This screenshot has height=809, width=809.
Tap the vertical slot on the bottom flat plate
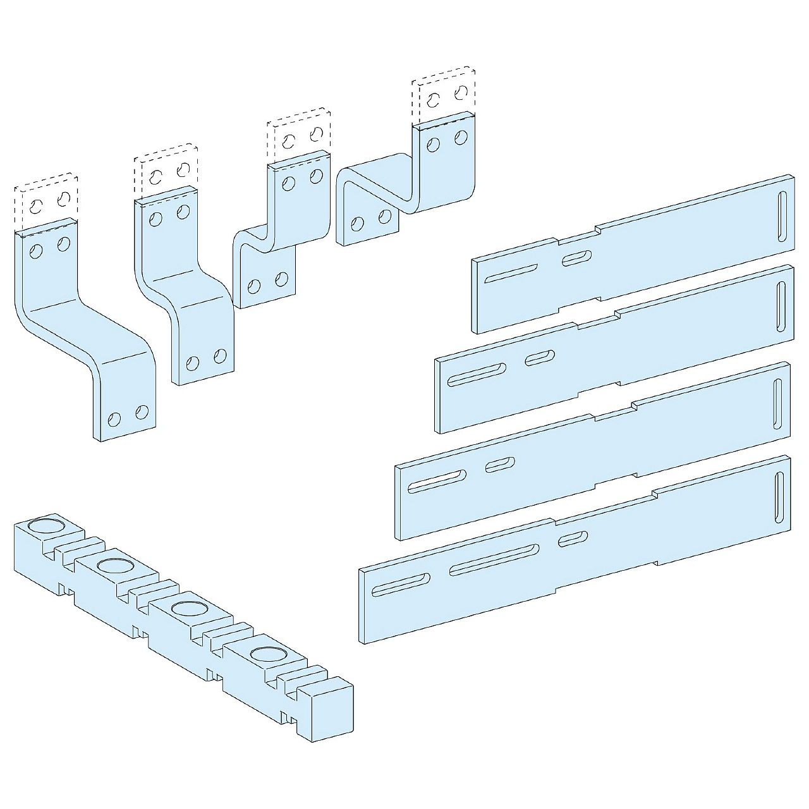tap(779, 498)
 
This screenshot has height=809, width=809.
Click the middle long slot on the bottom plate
tap(494, 559)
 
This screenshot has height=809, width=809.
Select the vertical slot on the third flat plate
tap(777, 403)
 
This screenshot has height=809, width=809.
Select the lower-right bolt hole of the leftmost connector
tap(142, 413)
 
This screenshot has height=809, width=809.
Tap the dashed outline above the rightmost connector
tap(444, 95)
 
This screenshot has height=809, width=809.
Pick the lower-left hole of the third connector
tap(254, 286)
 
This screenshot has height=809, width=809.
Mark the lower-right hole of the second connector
tap(220, 356)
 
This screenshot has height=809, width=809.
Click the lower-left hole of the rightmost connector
tap(358, 225)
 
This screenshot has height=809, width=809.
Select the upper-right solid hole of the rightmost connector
tap(461, 137)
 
